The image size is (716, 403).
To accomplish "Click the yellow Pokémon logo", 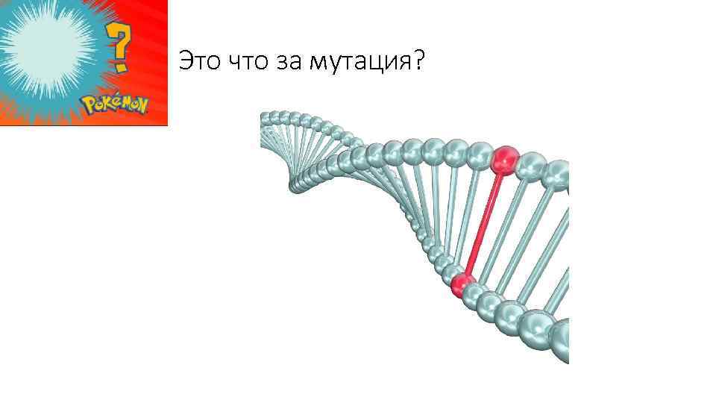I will pyautogui.click(x=116, y=104).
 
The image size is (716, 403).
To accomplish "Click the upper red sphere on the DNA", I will pyautogui.click(x=505, y=159).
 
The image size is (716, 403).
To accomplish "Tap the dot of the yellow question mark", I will pyautogui.click(x=119, y=66).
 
